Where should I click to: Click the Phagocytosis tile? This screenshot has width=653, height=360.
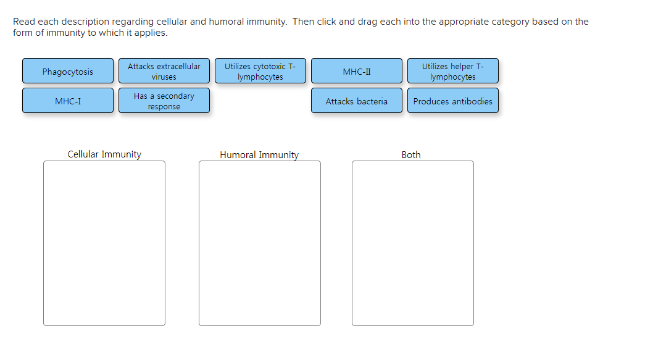coord(68,71)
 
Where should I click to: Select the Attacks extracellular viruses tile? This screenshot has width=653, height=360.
coord(164,71)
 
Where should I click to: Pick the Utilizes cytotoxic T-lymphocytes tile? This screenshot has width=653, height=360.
coord(260,71)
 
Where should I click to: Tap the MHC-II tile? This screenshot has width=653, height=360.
coord(357,71)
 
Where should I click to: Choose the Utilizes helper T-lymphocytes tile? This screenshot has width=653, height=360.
coord(453,71)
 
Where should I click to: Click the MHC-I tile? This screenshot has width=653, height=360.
coord(68,101)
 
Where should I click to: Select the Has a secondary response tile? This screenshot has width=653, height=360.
coord(164,101)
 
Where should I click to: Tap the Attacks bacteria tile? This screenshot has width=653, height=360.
coord(357,101)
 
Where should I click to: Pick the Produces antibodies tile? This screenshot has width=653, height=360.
coord(453,101)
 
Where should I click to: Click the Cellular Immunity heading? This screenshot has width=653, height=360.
coord(104,154)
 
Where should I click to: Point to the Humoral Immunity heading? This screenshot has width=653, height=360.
coord(259,155)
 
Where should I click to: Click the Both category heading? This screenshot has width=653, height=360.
coord(411,155)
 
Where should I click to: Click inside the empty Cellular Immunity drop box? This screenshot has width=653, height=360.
coord(104,243)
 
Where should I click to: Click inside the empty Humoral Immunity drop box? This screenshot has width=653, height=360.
coord(260,243)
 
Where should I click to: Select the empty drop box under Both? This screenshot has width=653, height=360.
coord(413,243)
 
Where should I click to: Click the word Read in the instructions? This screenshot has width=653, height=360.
coord(24,22)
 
